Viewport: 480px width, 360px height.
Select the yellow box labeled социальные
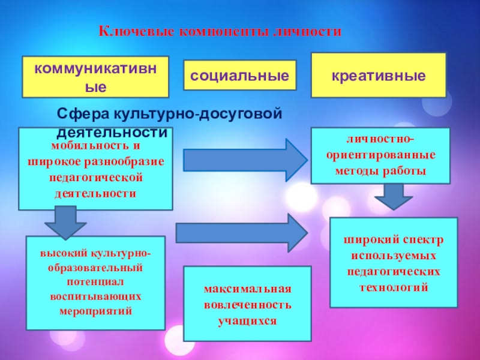pyautogui.click(x=239, y=76)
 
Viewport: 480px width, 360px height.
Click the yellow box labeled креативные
pyautogui.click(x=378, y=76)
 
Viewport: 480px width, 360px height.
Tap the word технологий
pyautogui.click(x=394, y=287)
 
